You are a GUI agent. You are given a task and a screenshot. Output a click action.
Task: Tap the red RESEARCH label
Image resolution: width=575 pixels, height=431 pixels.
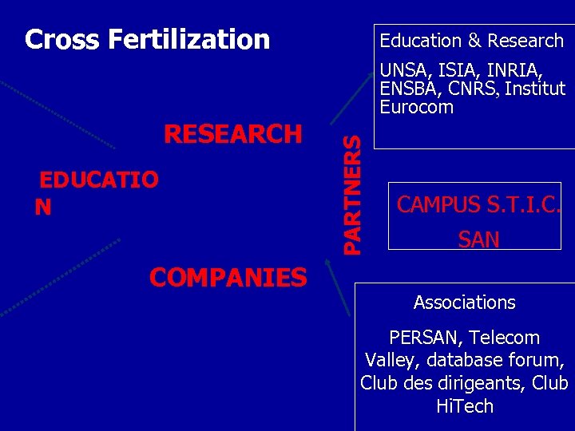click(233, 134)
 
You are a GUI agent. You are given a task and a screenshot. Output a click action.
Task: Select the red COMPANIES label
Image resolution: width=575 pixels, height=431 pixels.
click(228, 278)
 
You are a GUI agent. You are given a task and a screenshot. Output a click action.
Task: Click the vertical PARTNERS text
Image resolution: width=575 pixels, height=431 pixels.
click(352, 194)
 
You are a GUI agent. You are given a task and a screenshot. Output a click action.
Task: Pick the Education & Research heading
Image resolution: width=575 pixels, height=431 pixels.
click(471, 41)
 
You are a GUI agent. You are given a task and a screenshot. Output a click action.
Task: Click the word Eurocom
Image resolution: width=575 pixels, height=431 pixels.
click(417, 107)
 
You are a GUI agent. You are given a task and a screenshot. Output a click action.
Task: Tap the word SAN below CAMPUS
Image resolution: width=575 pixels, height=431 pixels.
click(479, 239)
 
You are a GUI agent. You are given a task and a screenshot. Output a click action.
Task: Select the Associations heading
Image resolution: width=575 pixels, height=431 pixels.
click(465, 303)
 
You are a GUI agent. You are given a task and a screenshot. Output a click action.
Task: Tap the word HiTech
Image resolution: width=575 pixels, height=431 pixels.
click(465, 406)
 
